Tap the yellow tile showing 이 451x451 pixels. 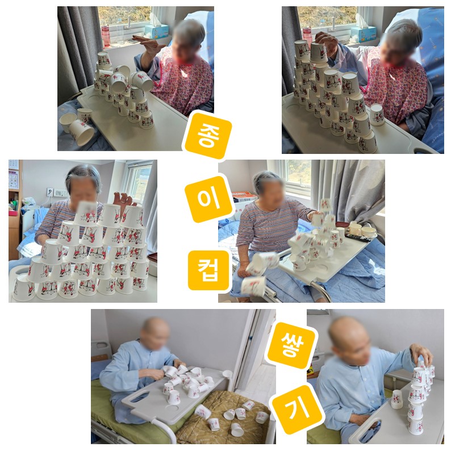coord(208,199)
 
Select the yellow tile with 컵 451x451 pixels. coord(208,270)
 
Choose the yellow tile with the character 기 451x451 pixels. coord(297,410)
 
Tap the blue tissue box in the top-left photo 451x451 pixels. coord(157,31)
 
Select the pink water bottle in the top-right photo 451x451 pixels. coord(307,36)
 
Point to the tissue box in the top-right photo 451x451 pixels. coord(363,34)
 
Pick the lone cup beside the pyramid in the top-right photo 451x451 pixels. coord(377,115)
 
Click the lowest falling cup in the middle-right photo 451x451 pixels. coord(253,286)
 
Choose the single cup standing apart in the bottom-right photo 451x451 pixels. coord(397,399)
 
